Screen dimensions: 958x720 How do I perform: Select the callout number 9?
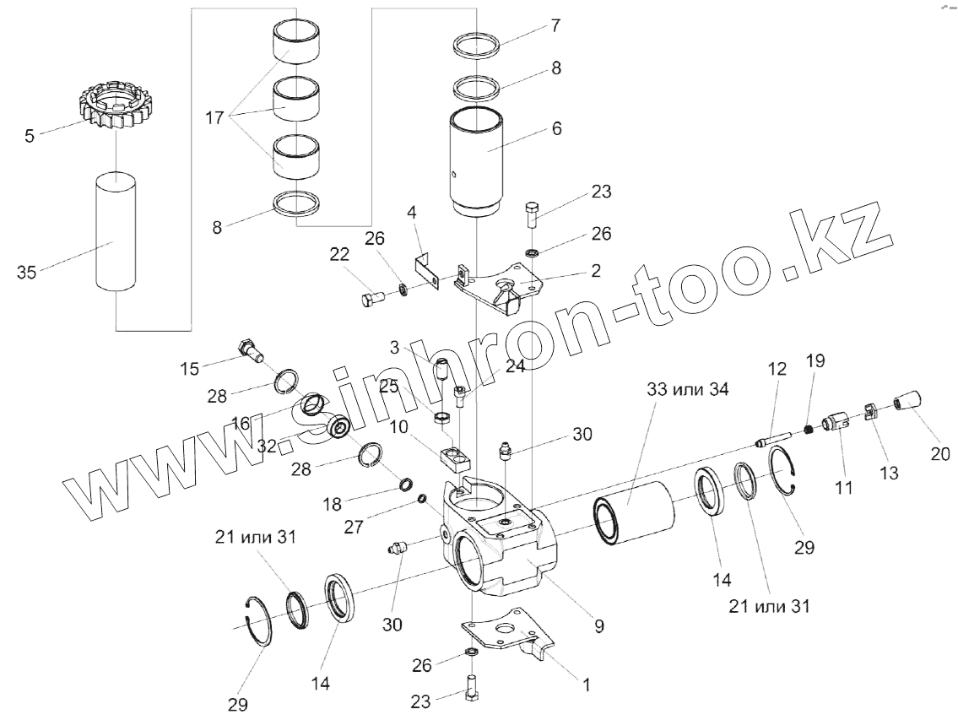point(598,626)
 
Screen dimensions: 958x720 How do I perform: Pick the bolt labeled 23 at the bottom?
point(471,686)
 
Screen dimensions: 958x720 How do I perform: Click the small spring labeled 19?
point(809,430)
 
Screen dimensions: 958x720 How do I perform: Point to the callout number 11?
point(843,487)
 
